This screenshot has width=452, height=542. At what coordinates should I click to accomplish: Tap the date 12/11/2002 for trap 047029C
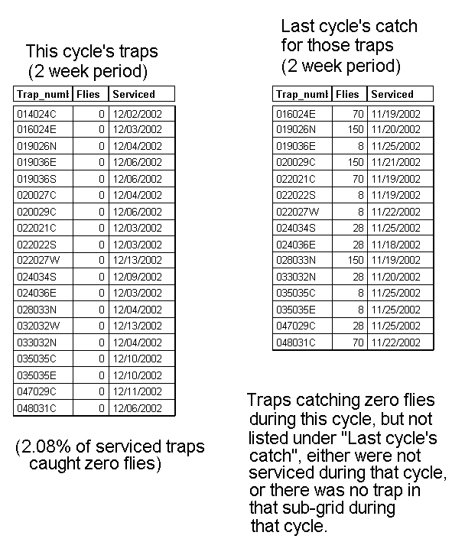point(137,391)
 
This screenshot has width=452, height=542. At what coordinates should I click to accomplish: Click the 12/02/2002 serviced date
point(137,114)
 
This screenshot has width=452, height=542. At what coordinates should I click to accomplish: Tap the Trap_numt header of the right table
point(301,94)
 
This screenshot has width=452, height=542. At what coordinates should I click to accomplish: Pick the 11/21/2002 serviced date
point(395,162)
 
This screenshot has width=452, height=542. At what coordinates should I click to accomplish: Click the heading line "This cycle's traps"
point(91,52)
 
